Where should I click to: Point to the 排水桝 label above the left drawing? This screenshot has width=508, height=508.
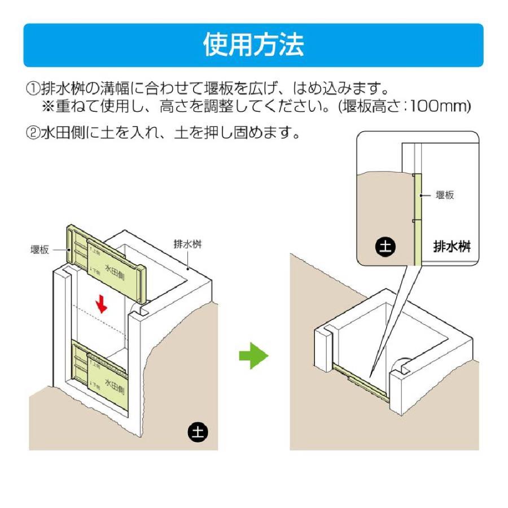(188, 244)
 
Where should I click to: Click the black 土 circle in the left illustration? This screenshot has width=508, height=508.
(198, 432)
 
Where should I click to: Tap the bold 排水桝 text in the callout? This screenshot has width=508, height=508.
(452, 247)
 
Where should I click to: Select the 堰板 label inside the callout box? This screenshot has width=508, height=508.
(445, 195)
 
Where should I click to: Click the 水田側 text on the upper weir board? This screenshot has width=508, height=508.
(116, 270)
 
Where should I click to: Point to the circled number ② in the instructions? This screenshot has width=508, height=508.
(32, 134)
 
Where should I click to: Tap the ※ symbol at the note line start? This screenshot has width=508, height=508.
(46, 106)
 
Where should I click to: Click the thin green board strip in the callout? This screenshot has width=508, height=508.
(417, 220)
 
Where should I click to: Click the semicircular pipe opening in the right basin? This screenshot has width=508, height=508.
(401, 364)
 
